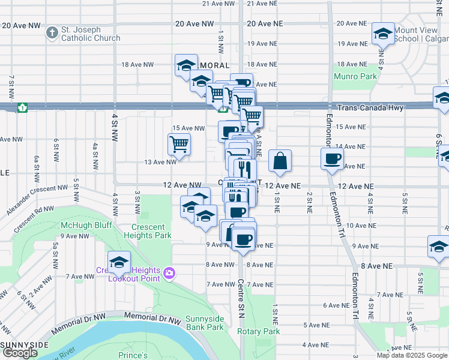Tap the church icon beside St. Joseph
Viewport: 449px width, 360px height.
pyautogui.click(x=52, y=32)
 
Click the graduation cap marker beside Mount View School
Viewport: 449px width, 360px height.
pyautogui.click(x=382, y=34)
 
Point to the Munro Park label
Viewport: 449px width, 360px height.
pyautogui.click(x=357, y=76)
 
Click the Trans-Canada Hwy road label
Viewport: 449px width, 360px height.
pyautogui.click(x=370, y=107)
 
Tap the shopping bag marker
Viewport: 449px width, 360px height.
pyautogui.click(x=280, y=161)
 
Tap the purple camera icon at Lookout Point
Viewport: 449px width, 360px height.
pyautogui.click(x=169, y=274)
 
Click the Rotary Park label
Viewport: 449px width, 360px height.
pyautogui.click(x=259, y=331)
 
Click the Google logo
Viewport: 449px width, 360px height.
pyautogui.click(x=20, y=353)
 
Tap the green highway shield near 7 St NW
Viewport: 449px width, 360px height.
pyautogui.click(x=22, y=107)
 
